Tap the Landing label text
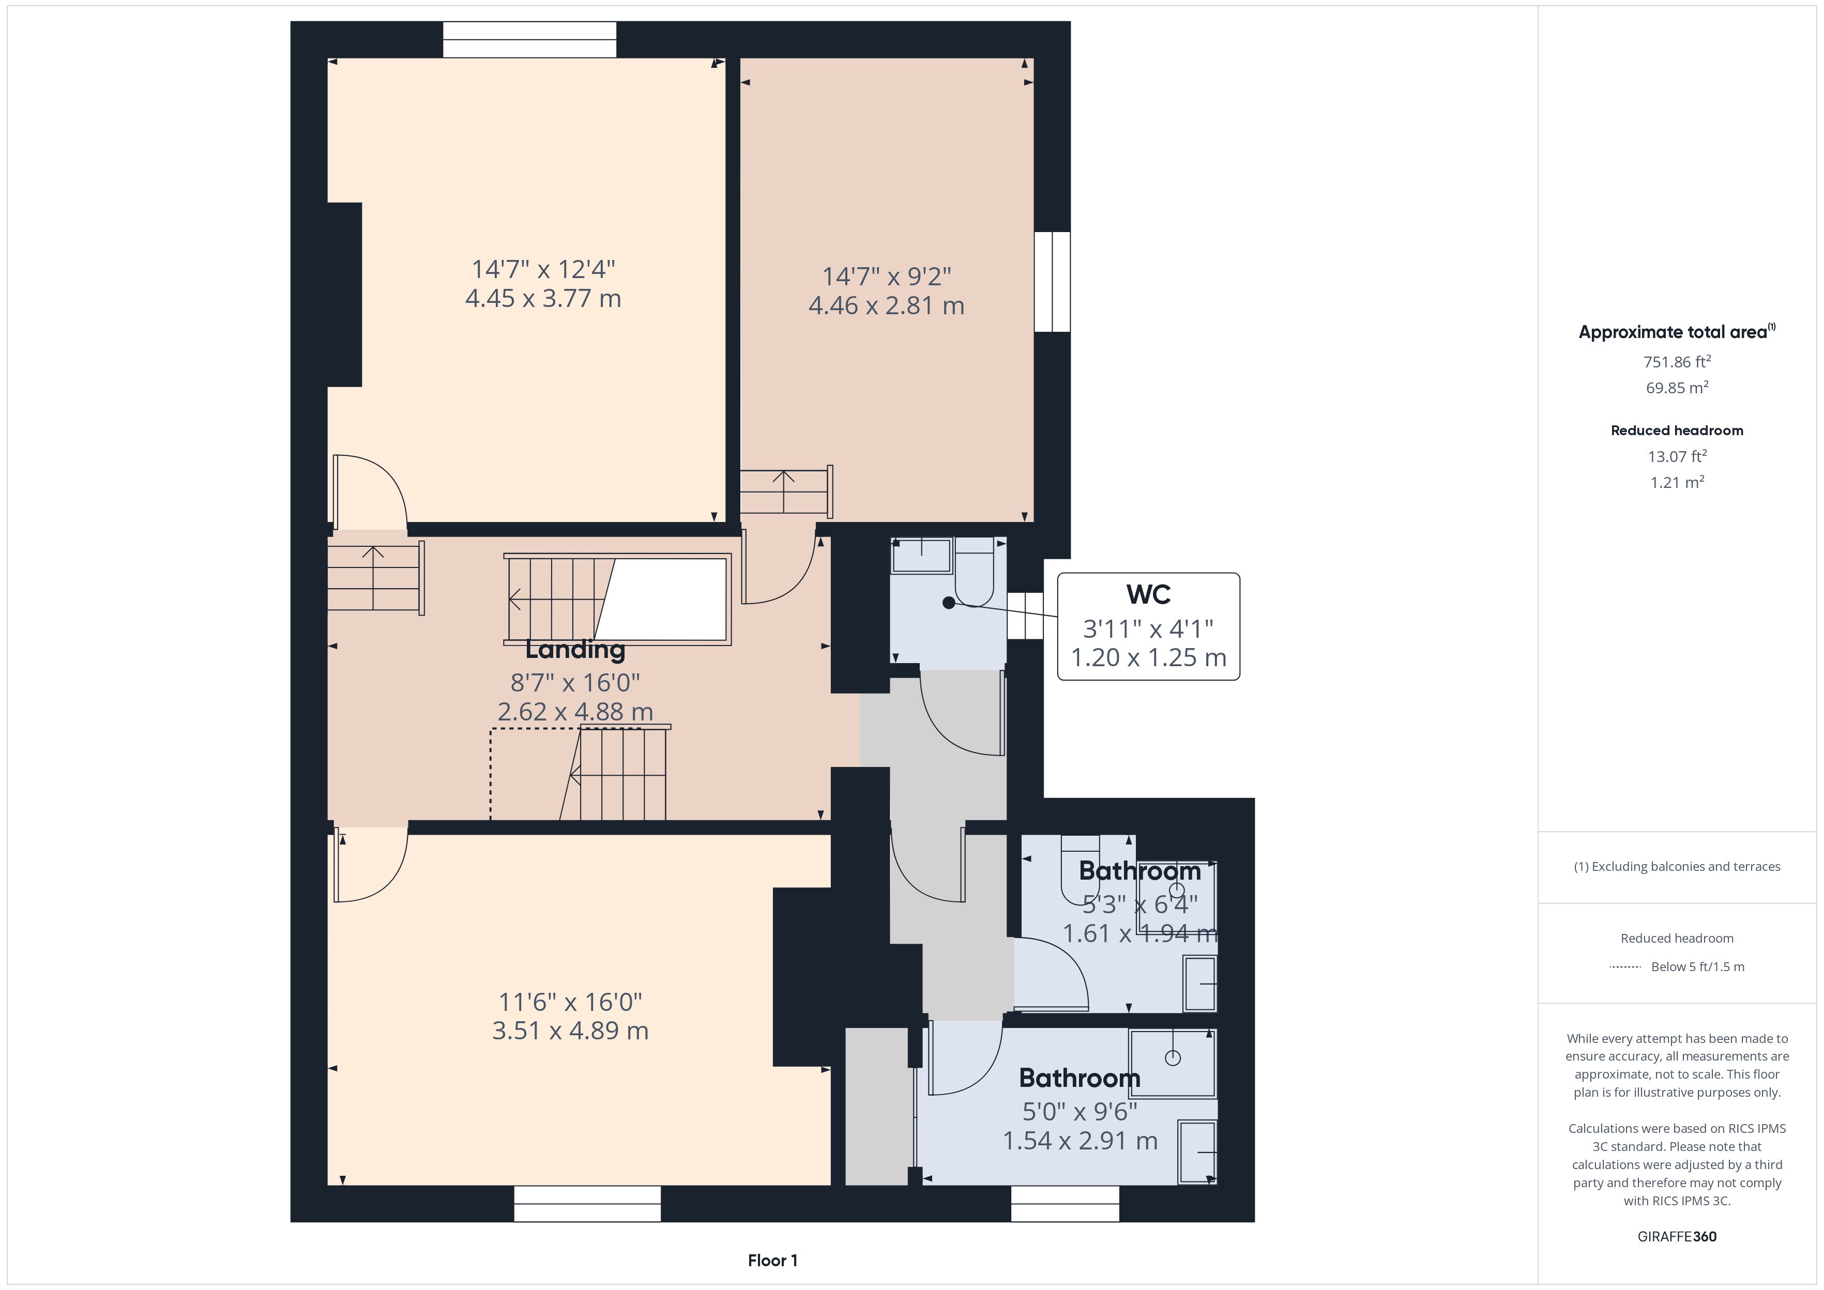click(575, 650)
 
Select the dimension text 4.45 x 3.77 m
click(543, 299)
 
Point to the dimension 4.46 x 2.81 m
click(887, 306)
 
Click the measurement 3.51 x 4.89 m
click(570, 1031)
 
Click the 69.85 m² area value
click(1677, 388)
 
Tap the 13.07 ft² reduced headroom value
click(1677, 456)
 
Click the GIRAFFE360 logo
click(1677, 1237)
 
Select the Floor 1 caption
click(772, 1261)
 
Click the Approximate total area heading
click(1677, 331)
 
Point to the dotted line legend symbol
click(1624, 966)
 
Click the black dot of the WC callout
click(949, 603)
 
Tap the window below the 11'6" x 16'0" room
click(587, 1203)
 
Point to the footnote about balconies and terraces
click(1677, 867)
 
